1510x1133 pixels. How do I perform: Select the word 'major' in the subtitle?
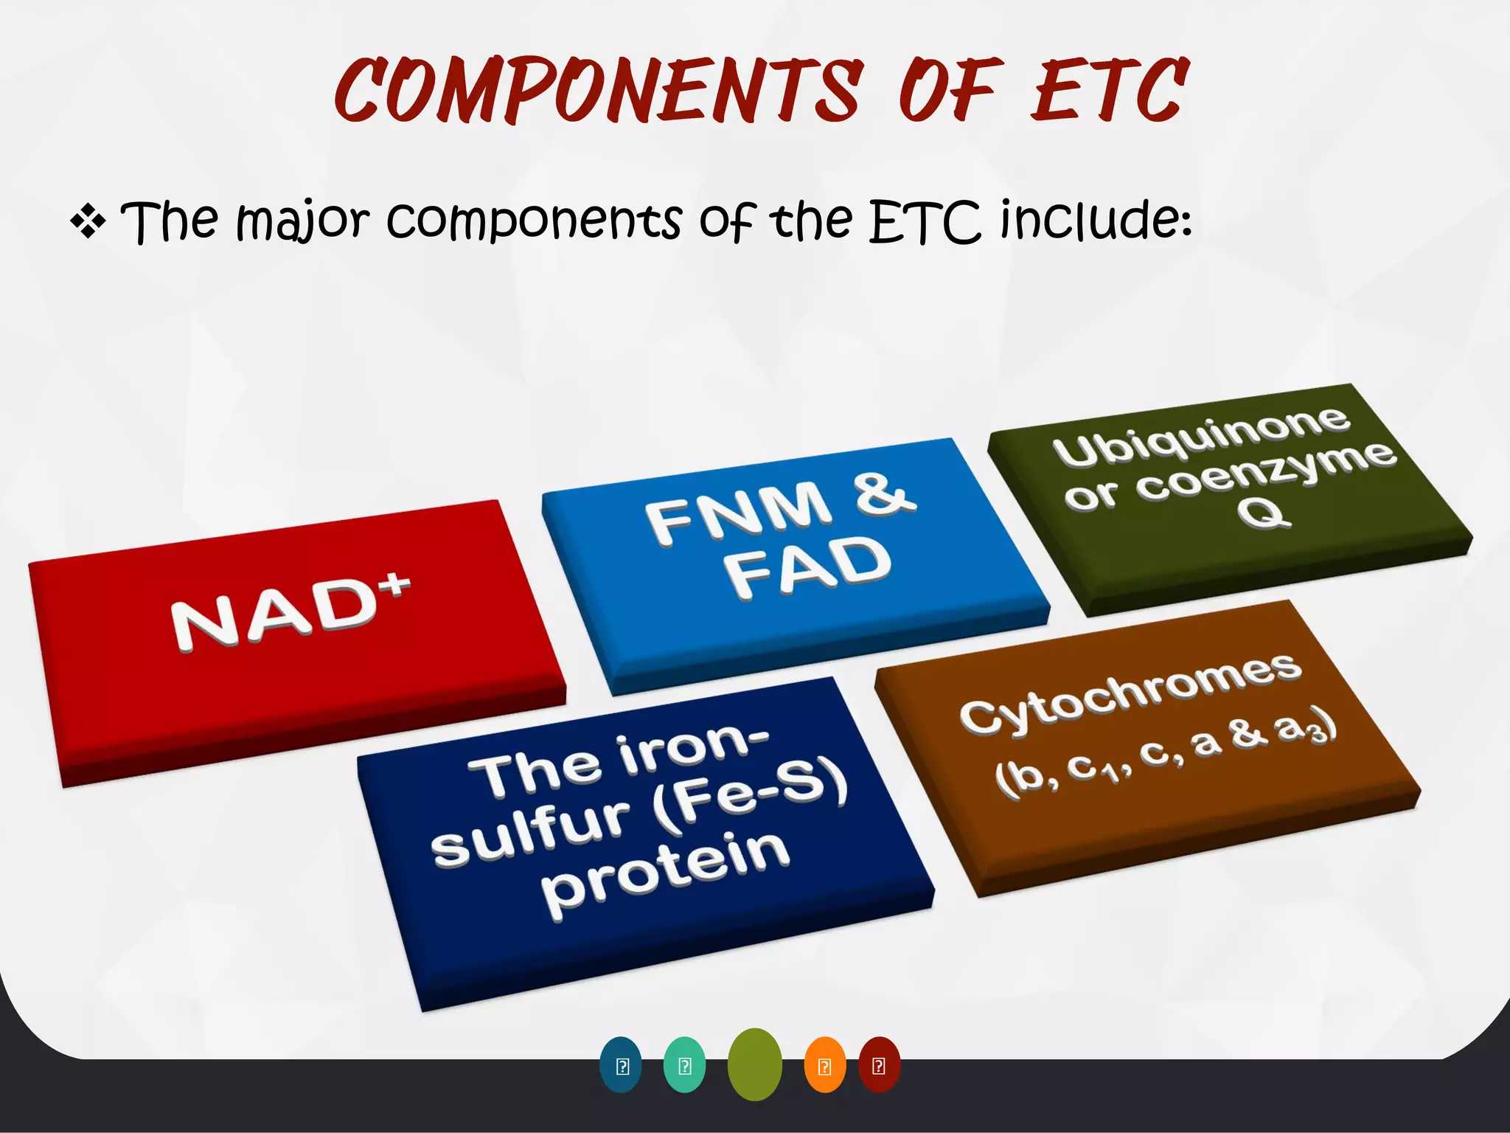[302, 221]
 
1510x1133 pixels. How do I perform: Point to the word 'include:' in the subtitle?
[1096, 221]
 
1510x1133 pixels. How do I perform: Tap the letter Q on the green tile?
[1263, 512]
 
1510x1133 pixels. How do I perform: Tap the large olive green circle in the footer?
[754, 1064]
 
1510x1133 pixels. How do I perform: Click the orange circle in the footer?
[824, 1065]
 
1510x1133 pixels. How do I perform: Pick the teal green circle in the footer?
[684, 1065]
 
